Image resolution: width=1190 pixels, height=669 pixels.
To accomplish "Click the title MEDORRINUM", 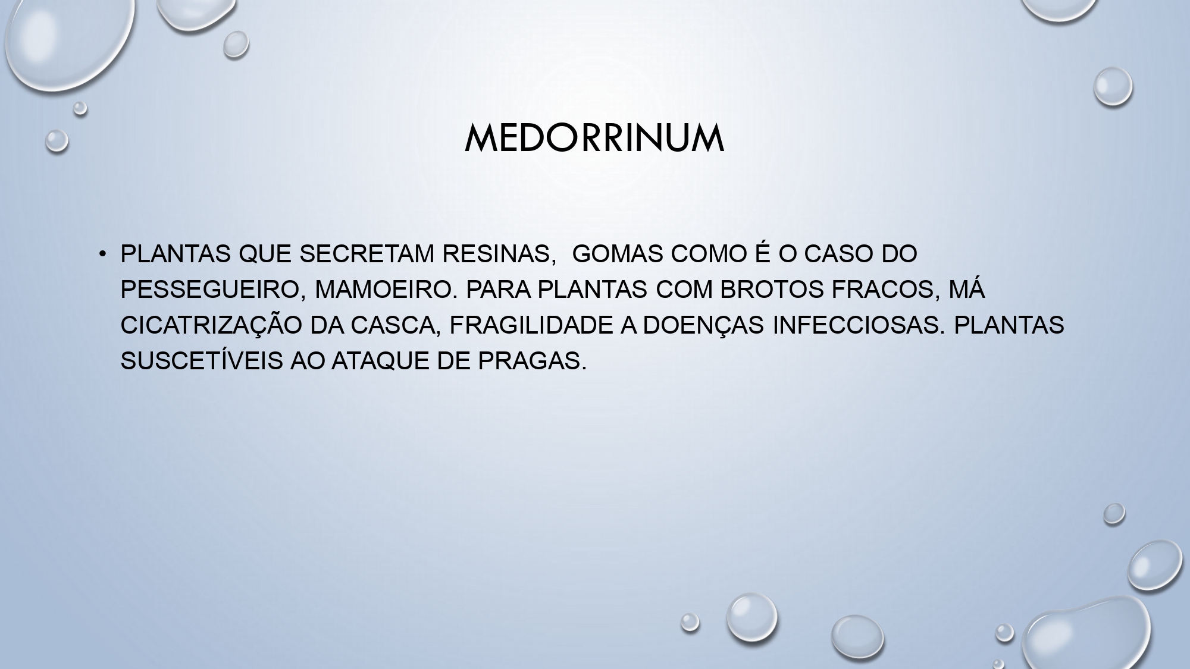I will click(x=594, y=139).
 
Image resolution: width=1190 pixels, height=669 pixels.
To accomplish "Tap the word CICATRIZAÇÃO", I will click(x=211, y=325).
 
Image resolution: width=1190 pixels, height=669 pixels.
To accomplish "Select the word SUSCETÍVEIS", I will click(x=201, y=361).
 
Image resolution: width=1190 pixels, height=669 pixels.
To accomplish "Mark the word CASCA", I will click(x=395, y=325).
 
